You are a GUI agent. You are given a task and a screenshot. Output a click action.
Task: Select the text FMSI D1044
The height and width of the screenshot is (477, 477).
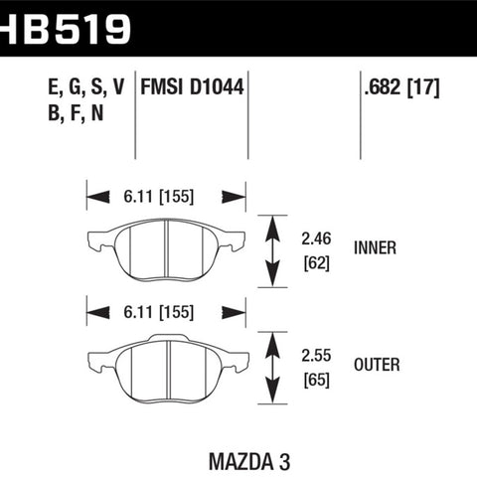[192, 87]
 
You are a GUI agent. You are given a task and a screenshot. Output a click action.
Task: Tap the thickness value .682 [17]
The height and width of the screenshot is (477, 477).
[402, 87]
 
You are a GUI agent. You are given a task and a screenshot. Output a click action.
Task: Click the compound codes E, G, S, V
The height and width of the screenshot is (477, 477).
[86, 87]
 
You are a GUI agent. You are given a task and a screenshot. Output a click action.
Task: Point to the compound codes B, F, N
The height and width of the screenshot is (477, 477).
[76, 113]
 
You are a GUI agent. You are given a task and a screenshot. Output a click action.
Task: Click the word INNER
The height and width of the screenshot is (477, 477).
[375, 247]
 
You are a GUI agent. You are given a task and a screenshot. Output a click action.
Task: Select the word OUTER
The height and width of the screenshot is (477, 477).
[377, 365]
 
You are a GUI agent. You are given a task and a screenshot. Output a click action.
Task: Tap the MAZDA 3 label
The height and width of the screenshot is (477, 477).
[249, 461]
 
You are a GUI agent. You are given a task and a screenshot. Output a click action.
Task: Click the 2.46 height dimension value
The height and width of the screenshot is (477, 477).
[316, 238]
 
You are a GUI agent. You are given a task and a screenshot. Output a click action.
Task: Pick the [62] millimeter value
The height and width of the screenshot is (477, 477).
[317, 263]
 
